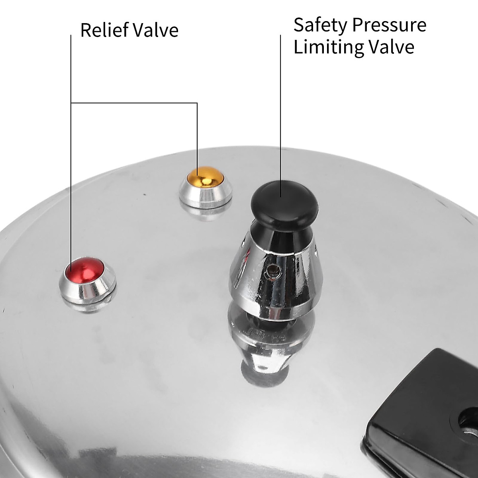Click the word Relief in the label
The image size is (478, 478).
[x=104, y=30]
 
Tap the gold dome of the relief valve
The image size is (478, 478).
[x=204, y=176]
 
